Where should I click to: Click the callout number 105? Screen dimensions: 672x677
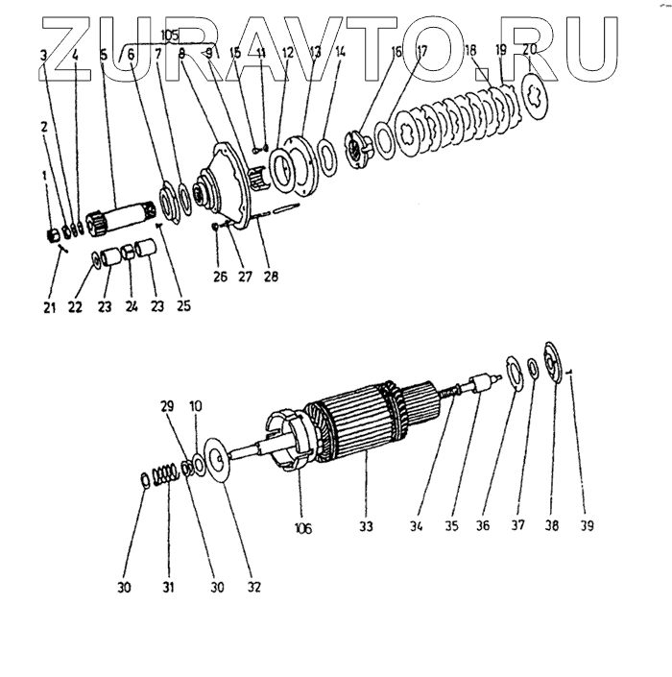click(170, 37)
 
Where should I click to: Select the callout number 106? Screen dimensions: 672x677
click(303, 528)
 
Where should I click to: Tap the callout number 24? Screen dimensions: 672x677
click(131, 307)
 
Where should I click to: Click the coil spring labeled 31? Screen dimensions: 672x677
click(169, 473)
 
